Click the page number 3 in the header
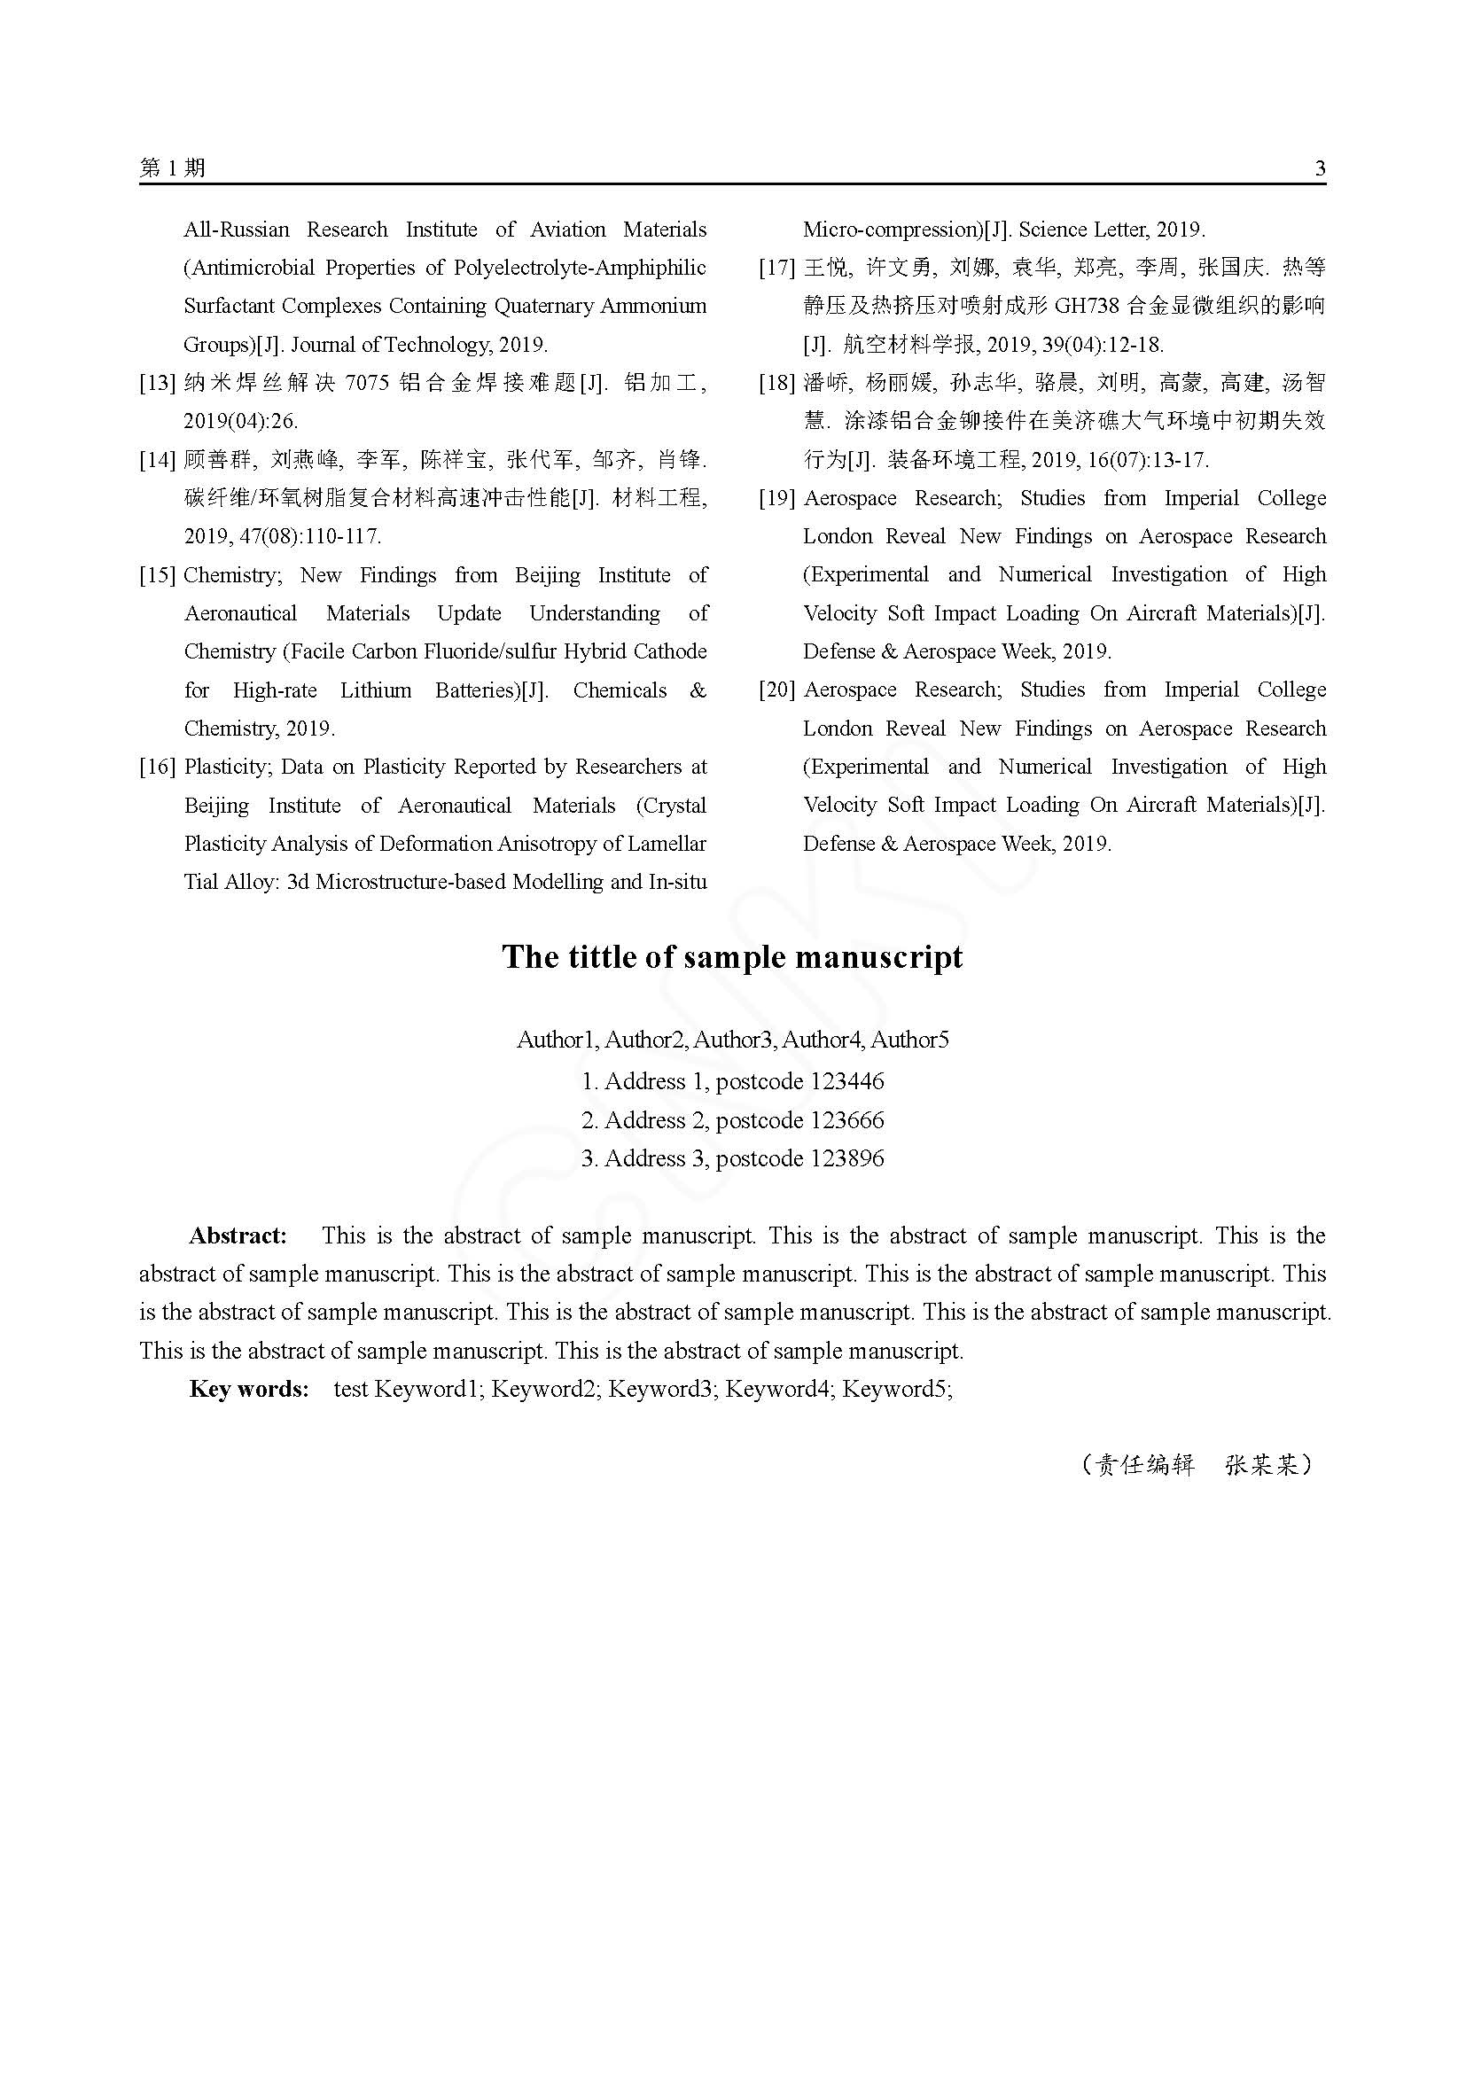pyautogui.click(x=1321, y=169)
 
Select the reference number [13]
pyautogui.click(x=157, y=383)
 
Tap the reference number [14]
pyautogui.click(x=157, y=461)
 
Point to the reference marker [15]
pyautogui.click(x=157, y=575)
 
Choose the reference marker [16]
pyautogui.click(x=157, y=768)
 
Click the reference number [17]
pyautogui.click(x=776, y=269)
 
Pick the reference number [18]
pyautogui.click(x=776, y=383)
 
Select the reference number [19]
pyautogui.click(x=776, y=498)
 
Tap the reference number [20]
pyautogui.click(x=776, y=690)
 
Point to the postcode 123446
pyautogui.click(x=847, y=1081)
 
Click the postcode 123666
pyautogui.click(x=847, y=1120)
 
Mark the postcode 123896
pyautogui.click(x=847, y=1158)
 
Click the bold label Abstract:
pyautogui.click(x=238, y=1235)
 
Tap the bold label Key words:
pyautogui.click(x=249, y=1389)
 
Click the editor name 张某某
pyautogui.click(x=1261, y=1464)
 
